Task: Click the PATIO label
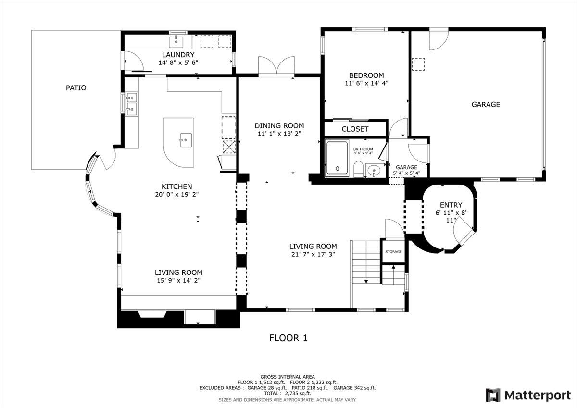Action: tap(76, 88)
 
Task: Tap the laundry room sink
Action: tap(176, 42)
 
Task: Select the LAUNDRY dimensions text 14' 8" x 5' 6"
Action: tap(178, 62)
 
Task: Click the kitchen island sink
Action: tap(186, 140)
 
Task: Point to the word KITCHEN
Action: tap(177, 186)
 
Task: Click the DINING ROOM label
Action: tap(279, 125)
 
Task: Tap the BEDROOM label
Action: tap(366, 75)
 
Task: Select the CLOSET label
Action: tap(355, 129)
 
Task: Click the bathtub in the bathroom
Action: tap(337, 158)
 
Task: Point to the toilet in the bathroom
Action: tap(358, 169)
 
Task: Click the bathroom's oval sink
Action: tap(374, 171)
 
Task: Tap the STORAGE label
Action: tap(393, 251)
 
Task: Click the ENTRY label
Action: tap(451, 205)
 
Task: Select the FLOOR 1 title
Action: tap(288, 338)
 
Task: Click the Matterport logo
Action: tap(528, 395)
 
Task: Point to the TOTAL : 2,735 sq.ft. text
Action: tap(288, 393)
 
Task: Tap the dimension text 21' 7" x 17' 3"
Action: tap(313, 254)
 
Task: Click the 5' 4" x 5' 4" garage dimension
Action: tap(406, 173)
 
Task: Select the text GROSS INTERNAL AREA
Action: tap(288, 377)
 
